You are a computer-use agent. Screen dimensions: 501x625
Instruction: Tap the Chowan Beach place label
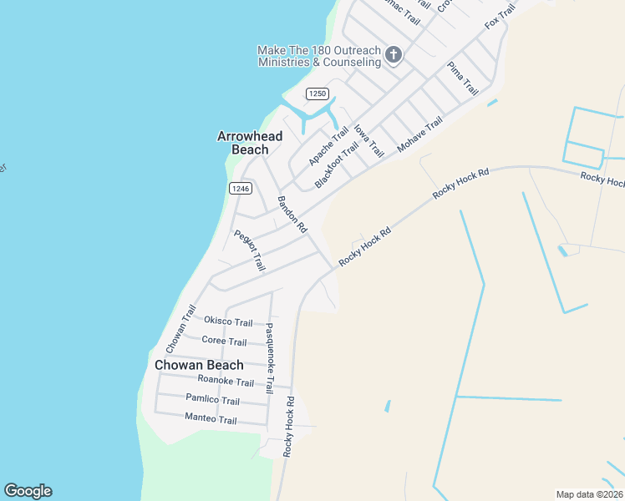coord(199,365)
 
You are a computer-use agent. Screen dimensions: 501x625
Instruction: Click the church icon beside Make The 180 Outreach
coord(394,56)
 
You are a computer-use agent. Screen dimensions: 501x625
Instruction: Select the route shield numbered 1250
coord(317,94)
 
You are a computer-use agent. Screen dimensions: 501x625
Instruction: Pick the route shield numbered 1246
coord(240,189)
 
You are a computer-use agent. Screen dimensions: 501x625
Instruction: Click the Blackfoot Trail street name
coord(337,164)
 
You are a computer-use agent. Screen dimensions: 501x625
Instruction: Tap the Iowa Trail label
coord(368,140)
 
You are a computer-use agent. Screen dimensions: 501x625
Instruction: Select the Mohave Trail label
coord(419,134)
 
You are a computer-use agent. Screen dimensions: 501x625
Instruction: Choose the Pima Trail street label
coord(462,78)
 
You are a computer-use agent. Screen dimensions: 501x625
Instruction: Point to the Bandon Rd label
coord(292,215)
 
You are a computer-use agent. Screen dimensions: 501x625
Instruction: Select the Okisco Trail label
coord(228,322)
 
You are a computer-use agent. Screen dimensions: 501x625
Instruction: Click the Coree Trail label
coord(224,342)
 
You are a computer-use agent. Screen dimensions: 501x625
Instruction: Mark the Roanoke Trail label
coord(225,382)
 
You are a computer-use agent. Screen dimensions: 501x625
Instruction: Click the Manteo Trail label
coord(211,418)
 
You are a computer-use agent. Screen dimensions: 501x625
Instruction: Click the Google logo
coord(28,491)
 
